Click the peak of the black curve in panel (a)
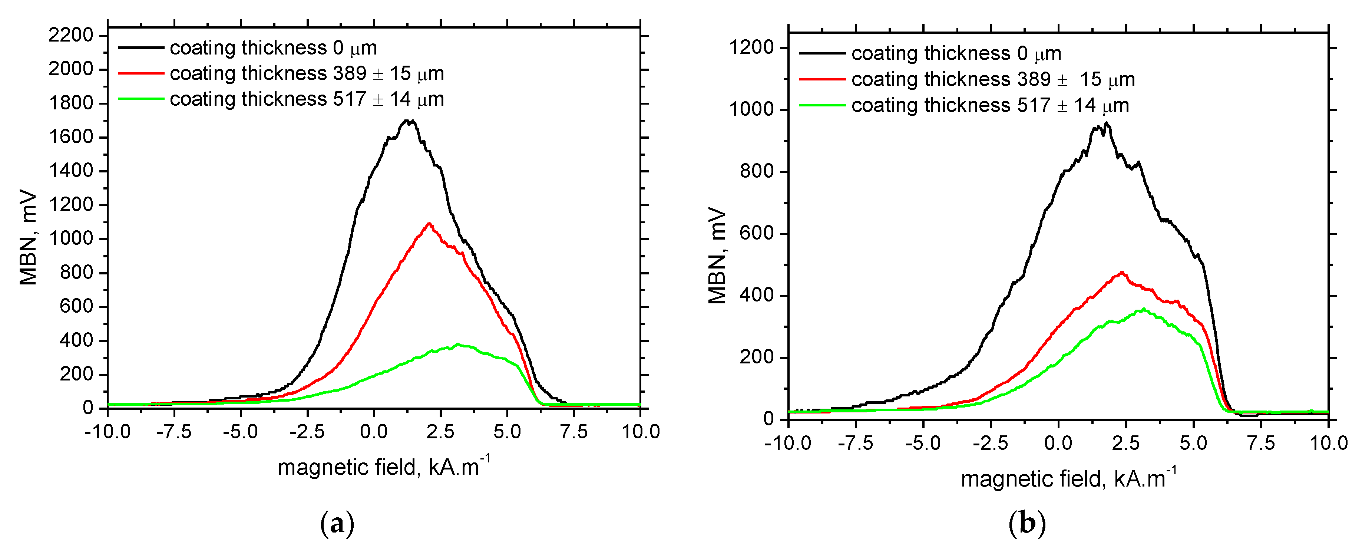(408, 121)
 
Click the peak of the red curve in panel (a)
(429, 223)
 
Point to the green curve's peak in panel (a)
(457, 345)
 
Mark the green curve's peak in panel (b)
(1143, 309)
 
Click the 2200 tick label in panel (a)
(71, 35)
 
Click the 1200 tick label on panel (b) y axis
(751, 47)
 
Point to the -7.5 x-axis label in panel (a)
(174, 431)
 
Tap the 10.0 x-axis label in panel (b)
(1328, 443)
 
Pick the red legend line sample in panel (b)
(822, 79)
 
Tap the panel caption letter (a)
(337, 524)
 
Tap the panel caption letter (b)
(1026, 524)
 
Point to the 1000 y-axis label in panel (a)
(71, 238)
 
